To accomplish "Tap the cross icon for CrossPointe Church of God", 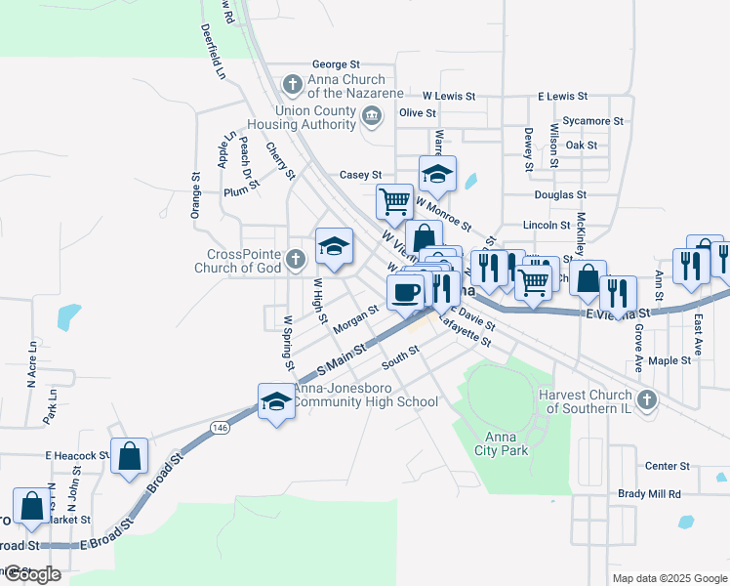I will [297, 259].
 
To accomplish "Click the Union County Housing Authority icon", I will [372, 117].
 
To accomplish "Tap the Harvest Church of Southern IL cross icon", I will [645, 399].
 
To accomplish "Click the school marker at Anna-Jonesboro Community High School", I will [276, 401].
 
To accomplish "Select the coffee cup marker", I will [405, 291].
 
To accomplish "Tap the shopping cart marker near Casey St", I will [394, 202].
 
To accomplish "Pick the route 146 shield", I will [221, 427].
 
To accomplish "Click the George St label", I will [336, 64].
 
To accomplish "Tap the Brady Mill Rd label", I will [649, 494].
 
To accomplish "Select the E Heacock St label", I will [77, 455].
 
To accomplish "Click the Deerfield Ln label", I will [214, 51].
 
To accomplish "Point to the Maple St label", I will [669, 360].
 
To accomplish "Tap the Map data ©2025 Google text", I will [669, 578].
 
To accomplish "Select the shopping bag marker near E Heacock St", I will [129, 457].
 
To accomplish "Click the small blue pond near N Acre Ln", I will [68, 316].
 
